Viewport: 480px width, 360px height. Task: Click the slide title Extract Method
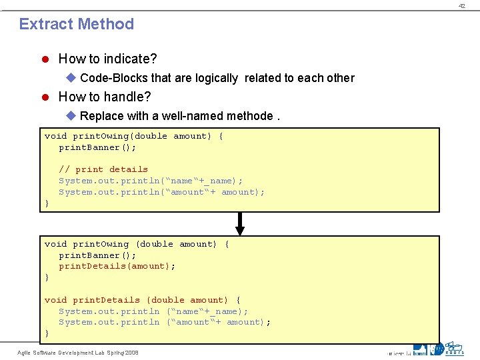(76, 24)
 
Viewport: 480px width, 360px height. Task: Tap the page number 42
(461, 5)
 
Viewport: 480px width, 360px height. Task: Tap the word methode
(250, 116)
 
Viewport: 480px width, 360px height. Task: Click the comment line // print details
(103, 169)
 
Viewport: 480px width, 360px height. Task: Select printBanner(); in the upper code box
(97, 147)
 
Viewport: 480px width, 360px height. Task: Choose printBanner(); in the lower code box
(97, 255)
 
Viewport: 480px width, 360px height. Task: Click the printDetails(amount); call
(117, 266)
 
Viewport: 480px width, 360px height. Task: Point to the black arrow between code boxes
(240, 224)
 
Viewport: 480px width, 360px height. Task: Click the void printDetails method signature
(143, 300)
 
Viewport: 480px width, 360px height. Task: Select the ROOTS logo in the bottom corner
(455, 349)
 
